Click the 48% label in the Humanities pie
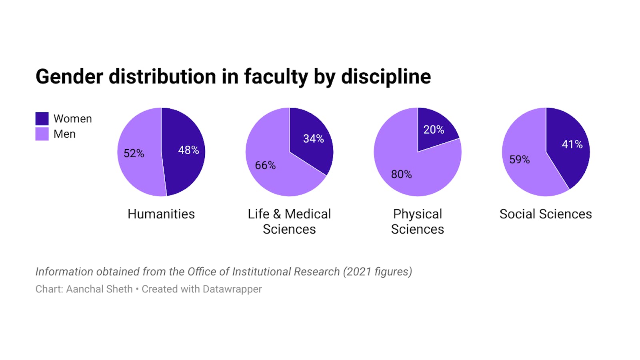point(188,150)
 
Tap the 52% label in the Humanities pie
point(134,153)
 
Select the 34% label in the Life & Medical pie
point(313,139)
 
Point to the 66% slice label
point(265,165)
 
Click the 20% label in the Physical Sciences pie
point(434,130)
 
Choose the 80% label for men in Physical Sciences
point(401,174)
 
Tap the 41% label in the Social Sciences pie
point(572,144)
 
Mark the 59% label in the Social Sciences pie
point(519,160)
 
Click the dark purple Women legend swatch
point(42,119)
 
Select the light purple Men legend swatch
point(42,134)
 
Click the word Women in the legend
point(73,119)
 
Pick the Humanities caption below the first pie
point(161,214)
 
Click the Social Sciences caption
point(546,214)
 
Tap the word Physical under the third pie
point(417,214)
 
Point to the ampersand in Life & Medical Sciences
point(277,214)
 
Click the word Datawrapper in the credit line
point(232,289)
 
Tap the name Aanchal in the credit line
point(83,289)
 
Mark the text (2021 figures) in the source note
point(377,272)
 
